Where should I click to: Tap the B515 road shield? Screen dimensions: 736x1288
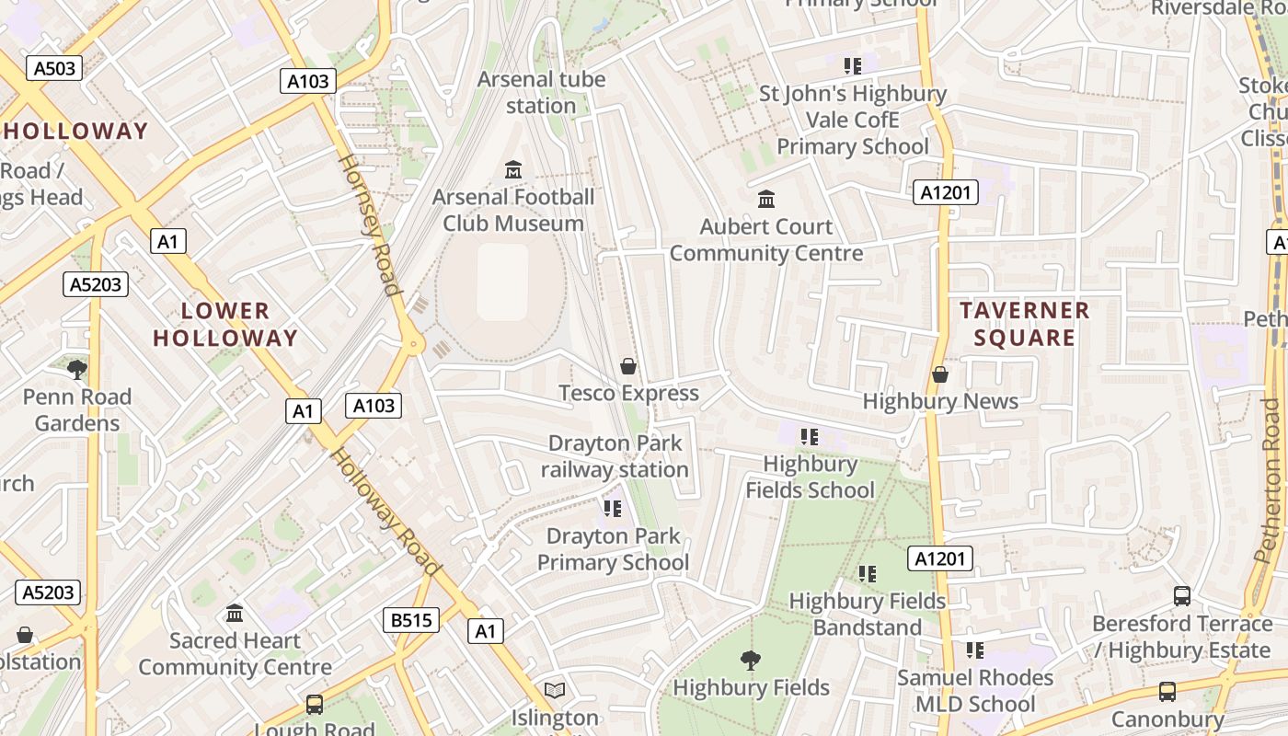click(411, 620)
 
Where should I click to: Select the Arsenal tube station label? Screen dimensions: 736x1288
click(541, 92)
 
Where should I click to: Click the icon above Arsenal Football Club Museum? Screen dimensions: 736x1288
click(513, 170)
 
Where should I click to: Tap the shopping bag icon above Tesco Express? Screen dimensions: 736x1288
click(628, 366)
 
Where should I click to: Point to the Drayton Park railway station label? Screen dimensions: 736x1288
click(615, 456)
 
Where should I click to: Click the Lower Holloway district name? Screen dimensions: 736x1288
click(225, 325)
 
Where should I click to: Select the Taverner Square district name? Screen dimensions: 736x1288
click(1025, 324)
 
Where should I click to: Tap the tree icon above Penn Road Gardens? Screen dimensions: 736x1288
click(77, 370)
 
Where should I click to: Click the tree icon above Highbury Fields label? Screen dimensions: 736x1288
click(751, 660)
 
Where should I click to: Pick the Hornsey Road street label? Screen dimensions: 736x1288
click(371, 225)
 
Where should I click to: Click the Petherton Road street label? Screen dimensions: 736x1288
click(1270, 478)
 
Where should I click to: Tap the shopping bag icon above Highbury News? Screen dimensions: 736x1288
click(940, 374)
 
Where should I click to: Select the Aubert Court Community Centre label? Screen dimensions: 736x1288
click(766, 240)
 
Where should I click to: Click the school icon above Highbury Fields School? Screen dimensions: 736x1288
click(810, 436)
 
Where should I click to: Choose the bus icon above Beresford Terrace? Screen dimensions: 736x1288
click(1182, 596)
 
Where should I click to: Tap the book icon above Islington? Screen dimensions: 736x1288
click(554, 690)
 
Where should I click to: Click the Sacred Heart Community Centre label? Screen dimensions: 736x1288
click(235, 654)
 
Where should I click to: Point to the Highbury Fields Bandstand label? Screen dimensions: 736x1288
click(867, 615)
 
